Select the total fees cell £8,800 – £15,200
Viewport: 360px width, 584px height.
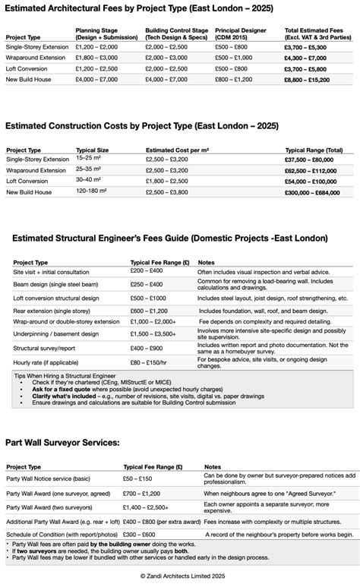pos(308,79)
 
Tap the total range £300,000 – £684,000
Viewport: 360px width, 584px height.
pos(313,193)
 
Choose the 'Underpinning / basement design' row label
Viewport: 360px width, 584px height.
pos(60,333)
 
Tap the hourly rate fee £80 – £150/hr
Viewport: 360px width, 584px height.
pos(151,362)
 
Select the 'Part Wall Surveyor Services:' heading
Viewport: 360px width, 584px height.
pos(62,441)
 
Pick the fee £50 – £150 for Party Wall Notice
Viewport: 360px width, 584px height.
pos(140,479)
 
